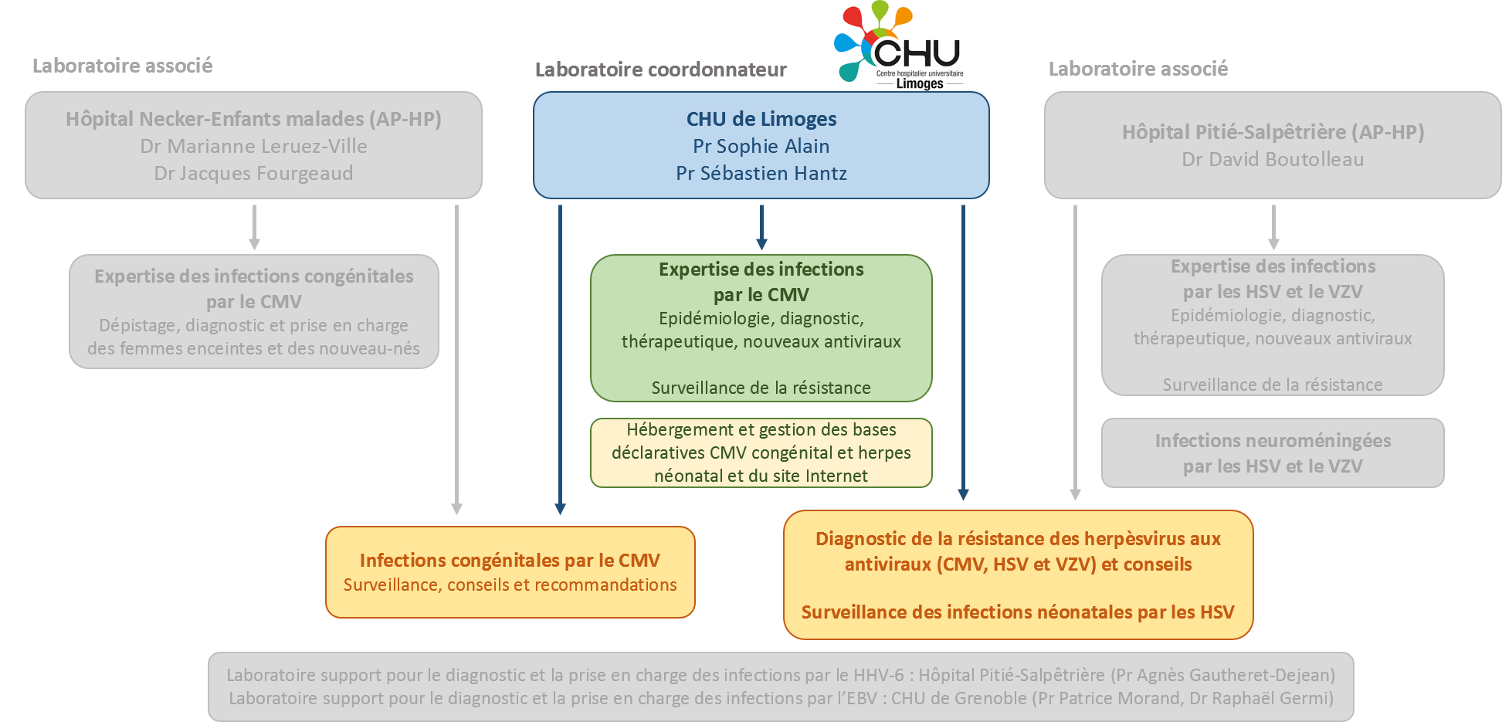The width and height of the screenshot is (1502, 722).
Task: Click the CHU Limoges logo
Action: (x=899, y=46)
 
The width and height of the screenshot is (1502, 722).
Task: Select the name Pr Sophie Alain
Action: (x=761, y=146)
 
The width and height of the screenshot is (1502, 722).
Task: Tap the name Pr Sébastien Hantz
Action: (x=761, y=173)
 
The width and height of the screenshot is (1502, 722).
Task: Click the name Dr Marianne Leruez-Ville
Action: (x=253, y=146)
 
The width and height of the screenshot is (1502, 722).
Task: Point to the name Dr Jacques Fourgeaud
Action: (x=253, y=173)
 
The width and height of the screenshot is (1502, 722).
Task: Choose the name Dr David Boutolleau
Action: (x=1273, y=159)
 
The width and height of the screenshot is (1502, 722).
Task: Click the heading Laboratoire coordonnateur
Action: (x=660, y=69)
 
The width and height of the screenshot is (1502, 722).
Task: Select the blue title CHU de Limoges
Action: (x=761, y=119)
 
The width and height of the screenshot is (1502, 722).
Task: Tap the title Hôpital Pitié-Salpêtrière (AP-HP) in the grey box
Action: (x=1273, y=132)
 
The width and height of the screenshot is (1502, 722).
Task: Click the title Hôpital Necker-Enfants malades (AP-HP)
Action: (x=253, y=119)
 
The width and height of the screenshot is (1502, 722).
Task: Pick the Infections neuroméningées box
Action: (x=1273, y=453)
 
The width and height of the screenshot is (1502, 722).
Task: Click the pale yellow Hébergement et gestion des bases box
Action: (x=761, y=453)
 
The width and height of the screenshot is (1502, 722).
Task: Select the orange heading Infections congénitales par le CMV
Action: (x=510, y=560)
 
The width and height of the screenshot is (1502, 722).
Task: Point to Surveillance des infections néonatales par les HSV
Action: (x=1018, y=612)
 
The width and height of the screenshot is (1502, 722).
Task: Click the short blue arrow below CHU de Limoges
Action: (x=761, y=227)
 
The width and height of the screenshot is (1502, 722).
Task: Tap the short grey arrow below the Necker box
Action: (x=254, y=227)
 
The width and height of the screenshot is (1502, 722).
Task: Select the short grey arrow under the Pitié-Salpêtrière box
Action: (x=1273, y=227)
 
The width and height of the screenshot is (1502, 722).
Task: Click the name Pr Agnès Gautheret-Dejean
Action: (x=1223, y=675)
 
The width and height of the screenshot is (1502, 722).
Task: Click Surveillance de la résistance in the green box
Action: (x=761, y=388)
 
